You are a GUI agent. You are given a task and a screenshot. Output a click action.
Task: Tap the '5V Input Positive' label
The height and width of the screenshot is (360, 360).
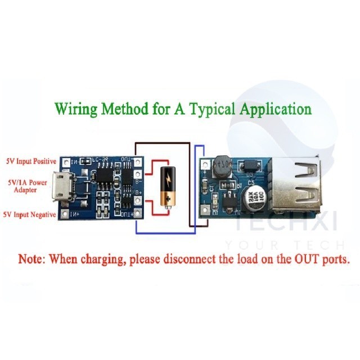30,161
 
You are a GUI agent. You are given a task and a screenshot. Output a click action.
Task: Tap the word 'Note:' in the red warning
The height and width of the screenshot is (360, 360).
33,260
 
